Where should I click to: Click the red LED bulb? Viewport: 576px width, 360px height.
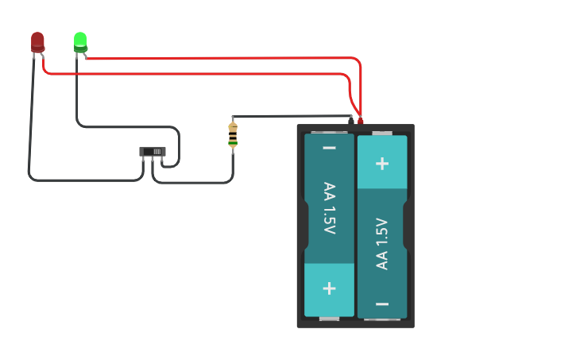pyautogui.click(x=37, y=41)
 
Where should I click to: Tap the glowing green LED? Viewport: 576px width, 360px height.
pyautogui.click(x=80, y=40)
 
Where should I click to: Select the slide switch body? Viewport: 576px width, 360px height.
pyautogui.click(x=152, y=151)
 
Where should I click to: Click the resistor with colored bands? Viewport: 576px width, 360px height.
pyautogui.click(x=233, y=136)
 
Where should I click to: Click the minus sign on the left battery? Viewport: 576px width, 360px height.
pyautogui.click(x=329, y=149)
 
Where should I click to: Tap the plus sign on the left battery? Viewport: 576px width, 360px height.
pyautogui.click(x=329, y=288)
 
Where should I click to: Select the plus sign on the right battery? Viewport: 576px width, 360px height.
pyautogui.click(x=382, y=163)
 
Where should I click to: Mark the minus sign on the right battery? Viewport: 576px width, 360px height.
pyautogui.click(x=382, y=304)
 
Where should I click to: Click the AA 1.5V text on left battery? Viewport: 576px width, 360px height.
pyautogui.click(x=329, y=208)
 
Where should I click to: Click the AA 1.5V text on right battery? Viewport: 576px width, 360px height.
pyautogui.click(x=382, y=243)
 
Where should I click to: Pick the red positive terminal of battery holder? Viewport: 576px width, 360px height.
pyautogui.click(x=360, y=120)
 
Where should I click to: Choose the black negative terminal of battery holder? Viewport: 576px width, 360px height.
pyautogui.click(x=350, y=120)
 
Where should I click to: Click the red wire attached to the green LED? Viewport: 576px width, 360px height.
pyautogui.click(x=238, y=57)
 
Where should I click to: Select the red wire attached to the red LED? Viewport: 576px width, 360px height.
pyautogui.click(x=199, y=74)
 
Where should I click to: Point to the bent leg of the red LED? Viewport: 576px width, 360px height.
pyautogui.click(x=41, y=53)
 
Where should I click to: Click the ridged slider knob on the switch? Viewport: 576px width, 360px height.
pyautogui.click(x=157, y=151)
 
